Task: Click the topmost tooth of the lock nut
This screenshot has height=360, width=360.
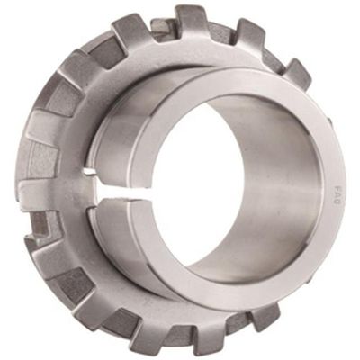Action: click(191, 20)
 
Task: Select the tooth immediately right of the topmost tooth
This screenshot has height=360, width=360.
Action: click(248, 34)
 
